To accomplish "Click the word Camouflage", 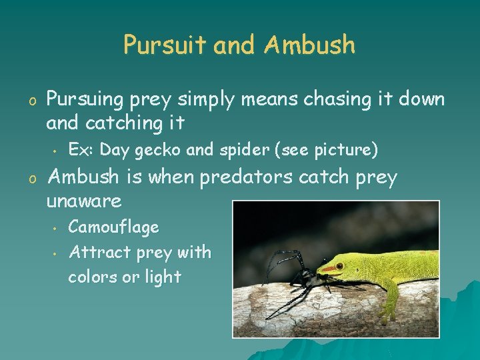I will coord(113,227).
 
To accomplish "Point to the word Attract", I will coord(99,252).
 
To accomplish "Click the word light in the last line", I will coord(161,277).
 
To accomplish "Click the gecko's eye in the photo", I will coord(339,266).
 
